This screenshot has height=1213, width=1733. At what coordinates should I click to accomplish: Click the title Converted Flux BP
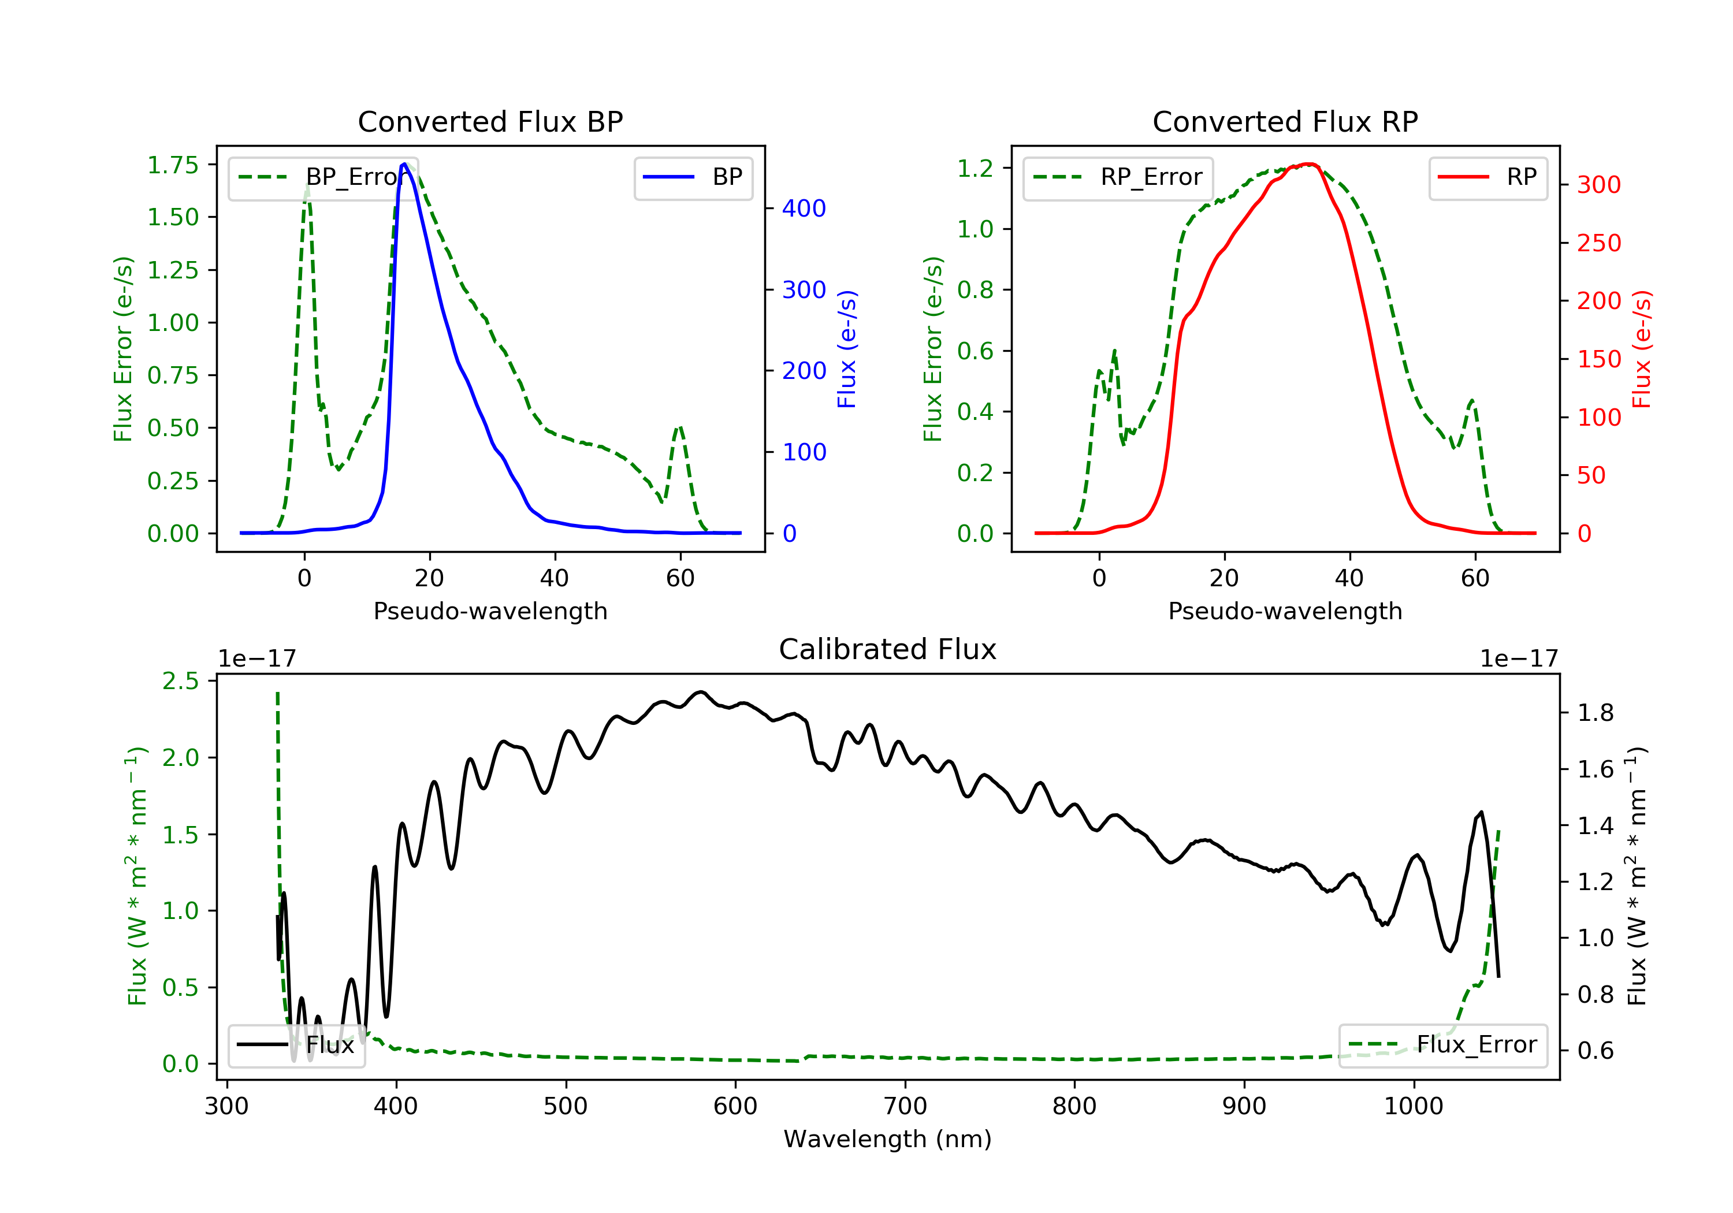click(x=490, y=121)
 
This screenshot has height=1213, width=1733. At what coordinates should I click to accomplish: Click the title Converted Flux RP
click(x=1285, y=121)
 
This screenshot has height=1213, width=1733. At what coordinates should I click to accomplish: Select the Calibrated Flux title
click(x=888, y=649)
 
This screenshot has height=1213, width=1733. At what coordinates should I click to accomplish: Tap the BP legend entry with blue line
click(x=693, y=177)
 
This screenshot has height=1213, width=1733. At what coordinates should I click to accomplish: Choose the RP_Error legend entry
click(x=1117, y=177)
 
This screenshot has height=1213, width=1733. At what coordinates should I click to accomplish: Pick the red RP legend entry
click(x=1487, y=177)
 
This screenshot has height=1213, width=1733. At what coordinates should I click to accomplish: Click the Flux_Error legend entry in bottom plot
click(x=1443, y=1045)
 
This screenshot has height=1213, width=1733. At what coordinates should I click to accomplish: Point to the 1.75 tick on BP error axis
click(x=173, y=165)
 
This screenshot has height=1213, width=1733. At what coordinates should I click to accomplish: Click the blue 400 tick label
click(x=805, y=209)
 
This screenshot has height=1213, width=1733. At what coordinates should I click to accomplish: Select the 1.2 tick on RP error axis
click(x=976, y=168)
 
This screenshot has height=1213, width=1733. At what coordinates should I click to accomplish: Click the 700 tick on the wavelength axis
click(x=905, y=1107)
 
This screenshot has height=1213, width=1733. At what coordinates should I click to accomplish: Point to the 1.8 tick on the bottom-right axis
click(x=1596, y=713)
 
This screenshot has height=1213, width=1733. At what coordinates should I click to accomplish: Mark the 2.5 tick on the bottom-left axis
click(x=180, y=681)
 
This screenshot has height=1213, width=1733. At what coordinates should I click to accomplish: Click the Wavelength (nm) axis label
click(x=888, y=1139)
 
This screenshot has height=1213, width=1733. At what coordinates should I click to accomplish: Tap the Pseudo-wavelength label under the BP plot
click(x=490, y=611)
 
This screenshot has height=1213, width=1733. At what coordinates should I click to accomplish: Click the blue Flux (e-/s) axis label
click(x=847, y=349)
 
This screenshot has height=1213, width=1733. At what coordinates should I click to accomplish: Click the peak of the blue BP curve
click(x=404, y=164)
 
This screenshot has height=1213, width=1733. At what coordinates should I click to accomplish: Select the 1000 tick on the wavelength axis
click(x=1414, y=1107)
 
